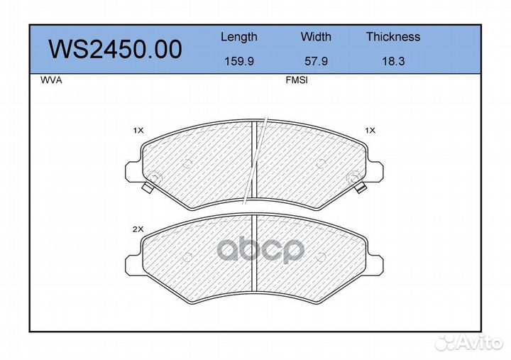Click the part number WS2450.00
pos(115,49)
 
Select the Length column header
pos(239,38)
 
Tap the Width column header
pos(316,36)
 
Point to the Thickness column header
pos(393,36)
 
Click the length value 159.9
pos(239,61)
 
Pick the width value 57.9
pos(316,61)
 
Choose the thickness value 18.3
pos(393,61)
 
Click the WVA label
pos(51,80)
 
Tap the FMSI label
pos(297,80)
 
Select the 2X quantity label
pos(138,229)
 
